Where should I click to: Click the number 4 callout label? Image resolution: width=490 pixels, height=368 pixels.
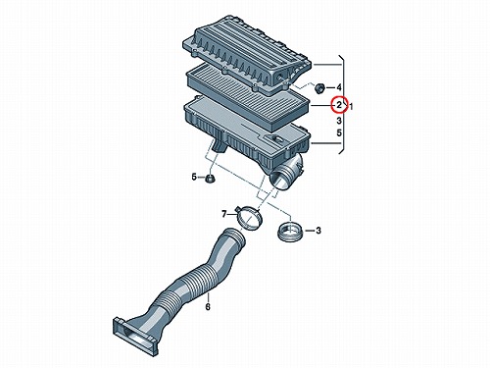339,87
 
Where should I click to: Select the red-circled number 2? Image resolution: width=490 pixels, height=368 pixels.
339,105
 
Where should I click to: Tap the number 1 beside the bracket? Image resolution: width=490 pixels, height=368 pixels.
351,106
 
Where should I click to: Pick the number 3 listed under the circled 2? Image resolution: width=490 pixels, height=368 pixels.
339,121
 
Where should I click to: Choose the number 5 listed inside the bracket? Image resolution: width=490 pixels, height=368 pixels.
339,132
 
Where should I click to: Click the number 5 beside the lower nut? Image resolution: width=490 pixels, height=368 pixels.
194,177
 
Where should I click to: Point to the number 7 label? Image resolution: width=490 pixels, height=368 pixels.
224,214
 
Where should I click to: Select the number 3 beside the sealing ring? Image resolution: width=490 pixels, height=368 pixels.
318,231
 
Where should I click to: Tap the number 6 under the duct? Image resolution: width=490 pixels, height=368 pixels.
208,307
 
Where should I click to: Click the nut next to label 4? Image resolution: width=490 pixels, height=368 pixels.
319,87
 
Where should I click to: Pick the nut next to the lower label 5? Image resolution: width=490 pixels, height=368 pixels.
209,179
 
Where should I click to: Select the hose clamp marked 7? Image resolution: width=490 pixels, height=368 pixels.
249,217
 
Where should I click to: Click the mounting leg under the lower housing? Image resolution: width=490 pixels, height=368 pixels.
220,144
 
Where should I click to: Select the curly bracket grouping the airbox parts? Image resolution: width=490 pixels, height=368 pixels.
342,105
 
